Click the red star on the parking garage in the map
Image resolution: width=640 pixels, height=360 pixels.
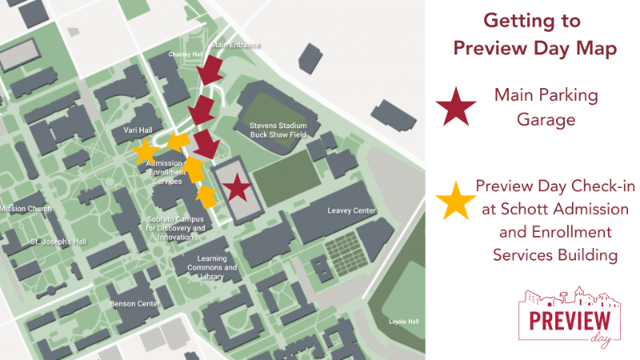click(235, 188)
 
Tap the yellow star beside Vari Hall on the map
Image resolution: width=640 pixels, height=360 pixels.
click(145, 150)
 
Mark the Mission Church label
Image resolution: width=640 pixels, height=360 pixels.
click(26, 209)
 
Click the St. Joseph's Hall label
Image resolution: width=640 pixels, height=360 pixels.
click(57, 241)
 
